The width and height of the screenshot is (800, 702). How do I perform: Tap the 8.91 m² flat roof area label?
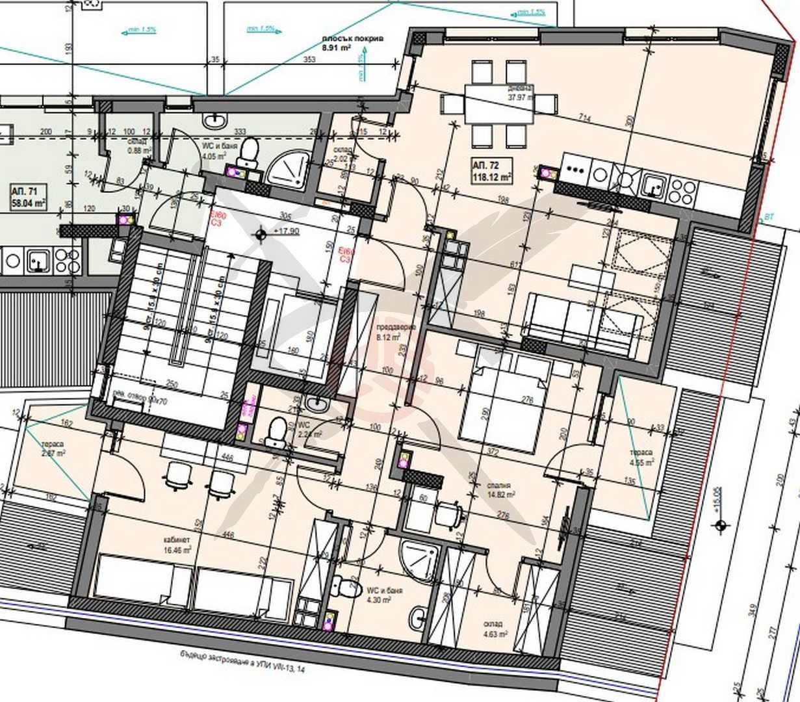click(352, 43)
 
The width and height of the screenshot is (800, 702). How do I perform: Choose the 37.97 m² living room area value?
click(519, 99)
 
